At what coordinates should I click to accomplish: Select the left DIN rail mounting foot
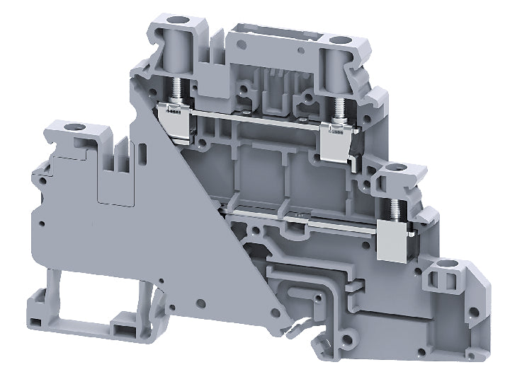click(42, 303)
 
